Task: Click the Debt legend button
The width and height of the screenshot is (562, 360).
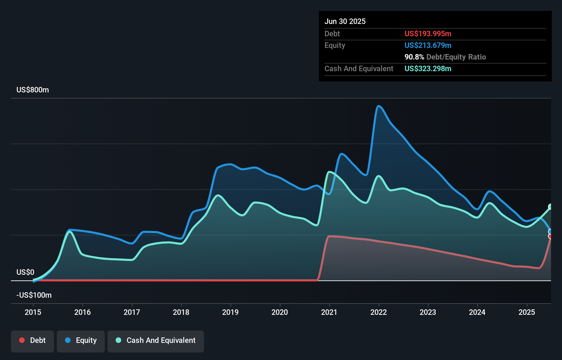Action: click(x=33, y=340)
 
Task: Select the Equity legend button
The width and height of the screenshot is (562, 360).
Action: click(x=81, y=340)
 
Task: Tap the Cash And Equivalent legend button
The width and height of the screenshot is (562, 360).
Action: click(x=156, y=340)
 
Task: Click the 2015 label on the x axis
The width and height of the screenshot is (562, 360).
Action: click(x=33, y=312)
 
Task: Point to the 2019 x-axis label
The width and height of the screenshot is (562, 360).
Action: click(x=230, y=312)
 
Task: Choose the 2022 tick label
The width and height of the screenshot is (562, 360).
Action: click(x=379, y=312)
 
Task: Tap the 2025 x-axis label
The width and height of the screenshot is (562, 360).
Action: click(x=527, y=312)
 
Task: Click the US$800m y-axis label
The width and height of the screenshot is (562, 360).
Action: click(x=33, y=90)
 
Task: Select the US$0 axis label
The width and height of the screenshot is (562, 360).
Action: click(x=25, y=272)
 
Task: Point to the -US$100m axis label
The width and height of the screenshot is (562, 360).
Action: click(x=34, y=295)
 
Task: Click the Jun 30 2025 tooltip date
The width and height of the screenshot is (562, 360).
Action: click(x=345, y=22)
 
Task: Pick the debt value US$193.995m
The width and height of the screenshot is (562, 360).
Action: click(x=428, y=34)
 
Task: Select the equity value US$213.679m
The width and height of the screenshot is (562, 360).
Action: click(x=428, y=46)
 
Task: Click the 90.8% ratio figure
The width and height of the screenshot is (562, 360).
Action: click(x=414, y=57)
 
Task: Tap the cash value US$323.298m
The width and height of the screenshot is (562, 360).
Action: click(x=428, y=69)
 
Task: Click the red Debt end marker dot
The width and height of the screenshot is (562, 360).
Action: click(x=550, y=236)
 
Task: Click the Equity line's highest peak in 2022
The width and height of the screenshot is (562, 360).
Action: click(x=379, y=106)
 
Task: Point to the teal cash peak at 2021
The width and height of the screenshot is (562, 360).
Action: click(x=329, y=172)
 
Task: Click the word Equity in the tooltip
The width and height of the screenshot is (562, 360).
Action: click(x=335, y=46)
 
